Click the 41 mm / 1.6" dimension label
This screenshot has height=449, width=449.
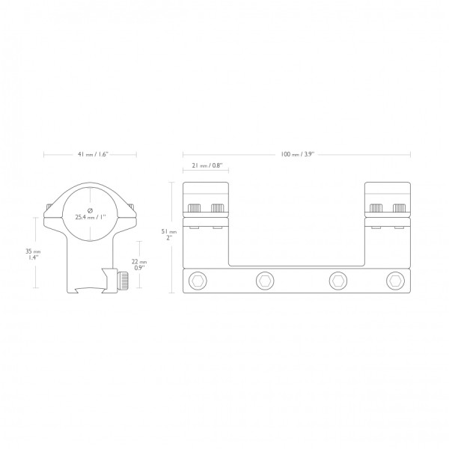click(93, 154)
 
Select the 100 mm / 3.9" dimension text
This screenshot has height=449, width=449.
click(297, 154)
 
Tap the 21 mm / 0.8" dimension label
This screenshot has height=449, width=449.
click(207, 165)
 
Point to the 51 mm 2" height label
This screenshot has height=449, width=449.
click(169, 234)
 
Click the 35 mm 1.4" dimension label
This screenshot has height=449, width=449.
click(33, 254)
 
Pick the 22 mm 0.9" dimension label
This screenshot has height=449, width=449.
click(139, 265)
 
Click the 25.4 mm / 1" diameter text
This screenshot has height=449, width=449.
click(91, 217)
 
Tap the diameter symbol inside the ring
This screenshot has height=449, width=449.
click(90, 210)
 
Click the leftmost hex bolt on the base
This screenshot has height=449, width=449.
click(198, 281)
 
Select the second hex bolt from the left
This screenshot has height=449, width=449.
click(265, 281)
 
